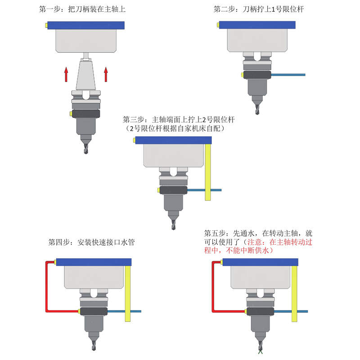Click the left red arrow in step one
pyautogui.click(x=66, y=74)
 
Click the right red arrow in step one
pyautogui.click(x=106, y=74)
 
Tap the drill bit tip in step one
pyautogui.click(x=85, y=150)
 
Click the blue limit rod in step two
pyautogui.click(x=288, y=75)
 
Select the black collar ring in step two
pyautogui.click(x=257, y=75)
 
